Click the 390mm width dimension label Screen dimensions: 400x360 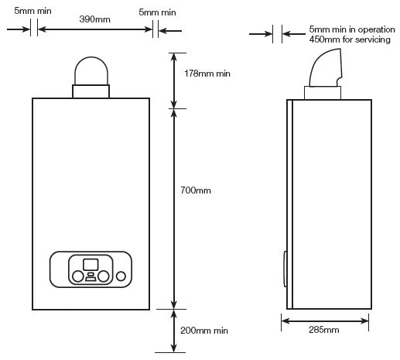[x=94, y=19]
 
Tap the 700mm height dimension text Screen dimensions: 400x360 [x=196, y=190]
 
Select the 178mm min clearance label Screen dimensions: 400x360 [x=207, y=74]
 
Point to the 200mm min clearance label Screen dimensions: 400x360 [x=204, y=331]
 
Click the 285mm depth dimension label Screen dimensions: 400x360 [x=324, y=330]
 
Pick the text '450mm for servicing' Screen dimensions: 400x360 [x=350, y=39]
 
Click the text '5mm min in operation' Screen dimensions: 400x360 [x=352, y=29]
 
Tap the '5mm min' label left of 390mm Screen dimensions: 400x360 [x=32, y=11]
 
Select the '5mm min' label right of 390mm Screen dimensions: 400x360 [x=157, y=12]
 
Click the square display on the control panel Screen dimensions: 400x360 [x=91, y=265]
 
